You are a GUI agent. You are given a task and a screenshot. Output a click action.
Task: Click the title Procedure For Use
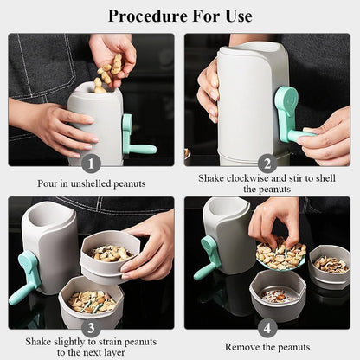tap(180, 16)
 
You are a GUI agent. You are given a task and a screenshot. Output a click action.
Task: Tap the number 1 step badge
tap(91, 163)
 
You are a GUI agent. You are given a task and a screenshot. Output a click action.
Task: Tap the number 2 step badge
tap(267, 163)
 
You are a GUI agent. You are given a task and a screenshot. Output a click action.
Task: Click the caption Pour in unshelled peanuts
tap(91, 183)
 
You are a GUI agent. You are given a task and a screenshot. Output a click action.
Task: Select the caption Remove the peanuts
tap(267, 346)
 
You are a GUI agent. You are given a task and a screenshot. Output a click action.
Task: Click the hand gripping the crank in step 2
tap(328, 136)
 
